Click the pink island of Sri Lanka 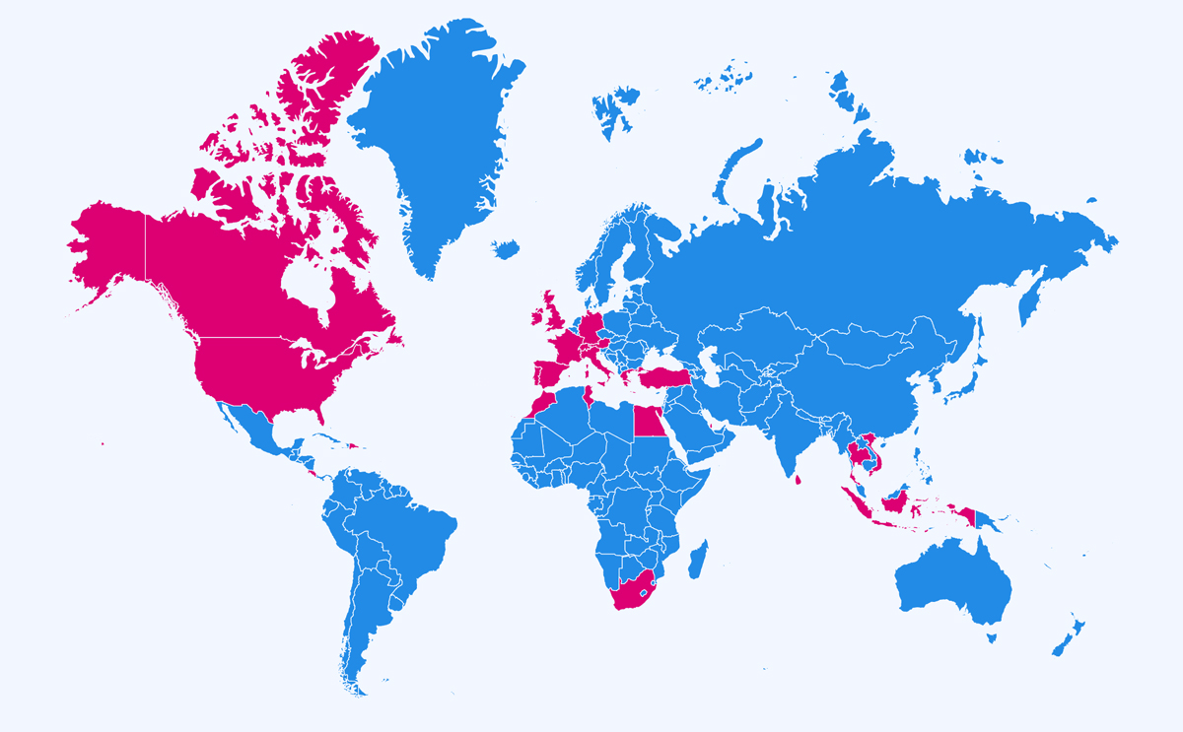[798, 480]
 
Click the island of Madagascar [698, 559]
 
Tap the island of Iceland [506, 249]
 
